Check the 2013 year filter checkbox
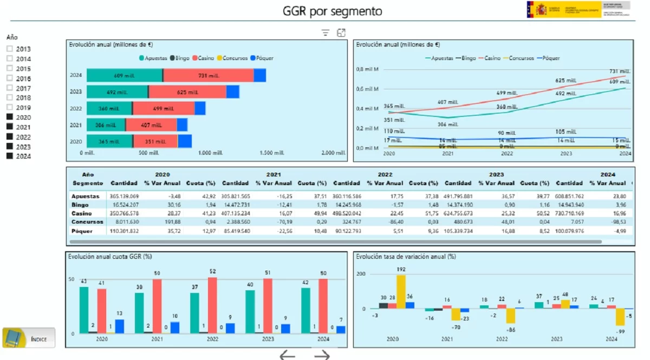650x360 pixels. point(9,49)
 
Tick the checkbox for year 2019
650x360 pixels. point(9,108)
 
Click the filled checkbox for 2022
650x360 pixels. point(9,137)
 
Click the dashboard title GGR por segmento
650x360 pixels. point(332,11)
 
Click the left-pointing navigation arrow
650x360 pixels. point(287,355)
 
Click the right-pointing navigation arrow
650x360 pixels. point(322,355)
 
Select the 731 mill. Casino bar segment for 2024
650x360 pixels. point(209,76)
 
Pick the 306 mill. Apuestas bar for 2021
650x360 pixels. point(106,125)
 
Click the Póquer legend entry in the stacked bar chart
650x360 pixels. point(263,58)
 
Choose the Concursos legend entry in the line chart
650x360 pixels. point(518,58)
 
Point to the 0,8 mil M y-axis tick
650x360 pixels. point(367,69)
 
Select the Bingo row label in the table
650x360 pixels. point(80,205)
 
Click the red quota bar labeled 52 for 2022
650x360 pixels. point(212,305)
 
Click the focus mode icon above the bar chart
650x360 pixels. point(341,33)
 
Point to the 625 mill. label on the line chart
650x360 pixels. point(564,81)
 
